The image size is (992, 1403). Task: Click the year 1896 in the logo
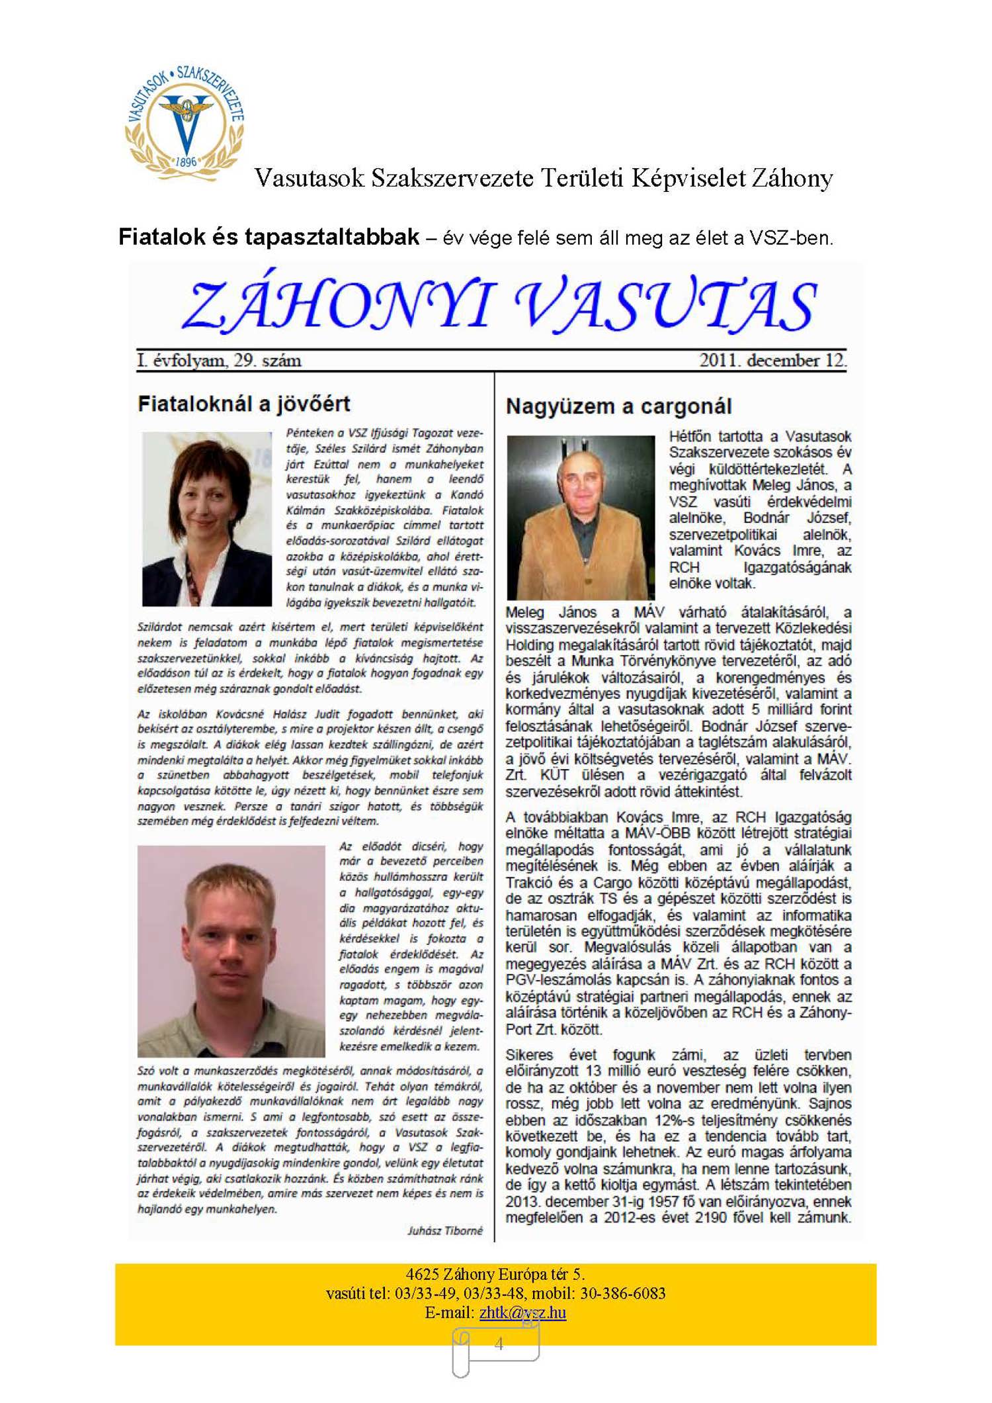186,161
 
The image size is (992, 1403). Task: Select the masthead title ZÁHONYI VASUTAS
499,305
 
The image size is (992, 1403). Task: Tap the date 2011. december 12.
772,361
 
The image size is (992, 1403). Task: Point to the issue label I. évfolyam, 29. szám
219,361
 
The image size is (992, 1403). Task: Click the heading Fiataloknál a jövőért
243,404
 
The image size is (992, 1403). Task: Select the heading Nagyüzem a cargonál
618,406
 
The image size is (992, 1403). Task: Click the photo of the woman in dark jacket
207,519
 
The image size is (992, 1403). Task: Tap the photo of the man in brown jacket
580,518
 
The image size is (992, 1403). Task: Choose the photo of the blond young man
231,951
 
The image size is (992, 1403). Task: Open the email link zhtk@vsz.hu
522,1312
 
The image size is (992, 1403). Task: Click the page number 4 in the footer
499,1343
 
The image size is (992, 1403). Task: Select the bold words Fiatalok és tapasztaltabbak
269,237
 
